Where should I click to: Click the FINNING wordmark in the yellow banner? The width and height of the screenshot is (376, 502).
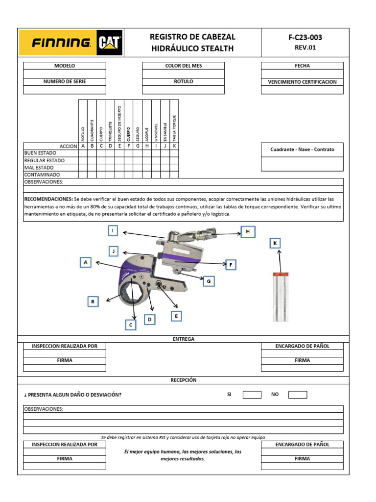(x=61, y=43)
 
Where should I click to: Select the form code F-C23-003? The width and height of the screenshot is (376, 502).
(x=305, y=37)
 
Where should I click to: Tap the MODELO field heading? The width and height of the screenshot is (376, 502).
(x=65, y=66)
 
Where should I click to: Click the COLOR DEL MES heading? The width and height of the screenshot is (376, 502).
(x=183, y=66)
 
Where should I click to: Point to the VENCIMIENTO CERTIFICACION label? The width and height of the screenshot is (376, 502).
(x=302, y=82)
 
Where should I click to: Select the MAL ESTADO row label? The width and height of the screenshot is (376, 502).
(x=39, y=168)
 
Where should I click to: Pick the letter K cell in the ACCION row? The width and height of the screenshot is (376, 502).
(x=174, y=146)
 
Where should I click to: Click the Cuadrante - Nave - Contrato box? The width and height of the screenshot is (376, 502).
(x=302, y=150)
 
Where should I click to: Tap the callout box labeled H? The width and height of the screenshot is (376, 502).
(x=248, y=231)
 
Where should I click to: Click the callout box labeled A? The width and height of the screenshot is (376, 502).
(x=86, y=263)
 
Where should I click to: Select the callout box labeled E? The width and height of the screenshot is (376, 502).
(x=176, y=316)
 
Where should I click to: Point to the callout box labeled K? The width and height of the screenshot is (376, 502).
(x=275, y=243)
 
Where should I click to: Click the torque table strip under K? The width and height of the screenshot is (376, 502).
(x=281, y=297)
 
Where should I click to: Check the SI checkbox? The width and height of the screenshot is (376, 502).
(x=252, y=395)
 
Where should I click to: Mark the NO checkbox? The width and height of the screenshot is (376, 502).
(x=298, y=395)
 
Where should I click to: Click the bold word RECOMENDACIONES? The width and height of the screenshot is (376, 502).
(x=48, y=200)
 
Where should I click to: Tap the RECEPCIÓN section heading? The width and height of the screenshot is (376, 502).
(x=184, y=380)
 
